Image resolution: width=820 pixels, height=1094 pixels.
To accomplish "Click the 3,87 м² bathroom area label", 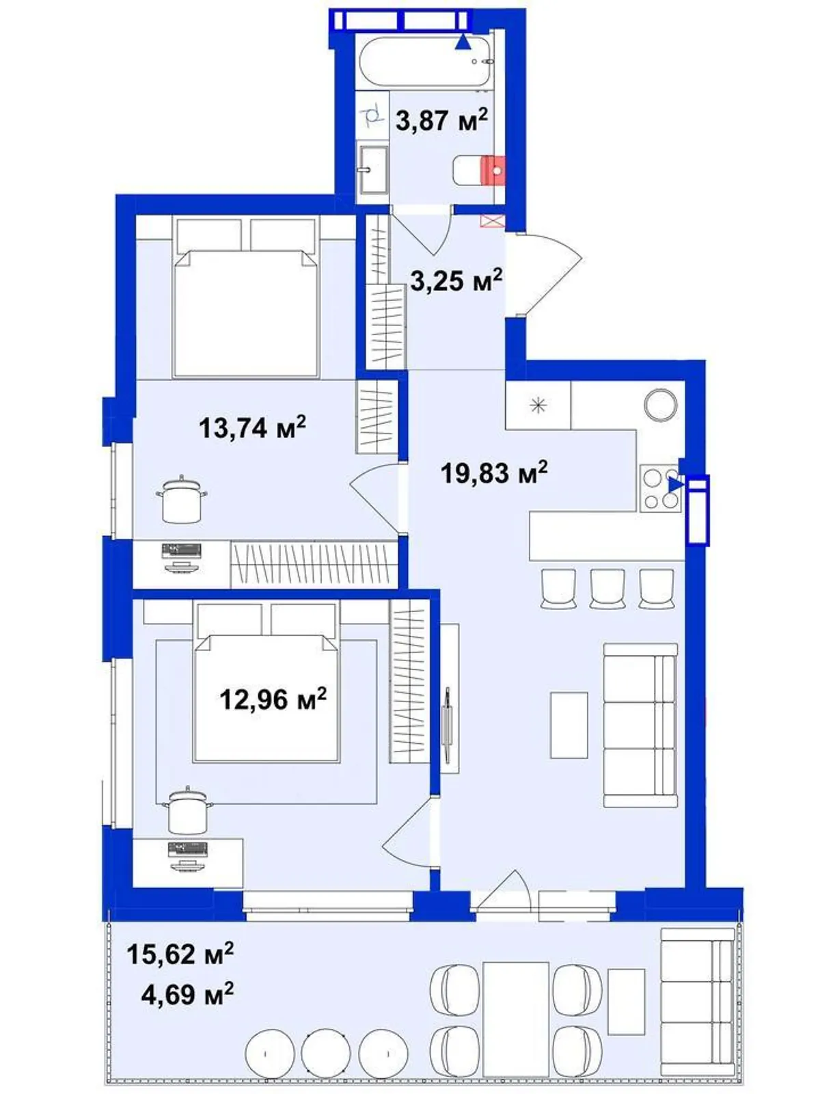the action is click(441, 120).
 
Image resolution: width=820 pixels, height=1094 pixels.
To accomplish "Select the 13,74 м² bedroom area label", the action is click(252, 427).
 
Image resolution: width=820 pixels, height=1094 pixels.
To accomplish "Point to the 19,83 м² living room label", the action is click(494, 472).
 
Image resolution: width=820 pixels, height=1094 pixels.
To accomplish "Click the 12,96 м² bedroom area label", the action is click(273, 699).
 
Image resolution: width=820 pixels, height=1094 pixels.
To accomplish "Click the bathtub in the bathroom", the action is click(426, 64).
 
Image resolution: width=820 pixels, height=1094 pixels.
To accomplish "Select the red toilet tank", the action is click(495, 170).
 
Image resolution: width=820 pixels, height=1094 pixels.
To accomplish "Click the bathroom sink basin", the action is click(373, 170).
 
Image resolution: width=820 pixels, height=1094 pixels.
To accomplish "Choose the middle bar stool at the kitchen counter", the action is click(607, 589).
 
